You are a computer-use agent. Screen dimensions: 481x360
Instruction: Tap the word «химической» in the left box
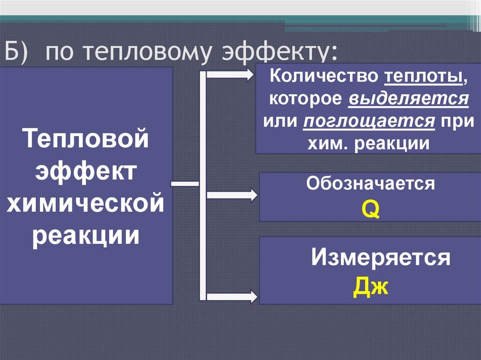(86, 205)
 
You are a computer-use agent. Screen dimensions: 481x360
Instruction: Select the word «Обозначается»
(371, 184)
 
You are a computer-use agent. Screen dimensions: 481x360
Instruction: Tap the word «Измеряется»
(381, 257)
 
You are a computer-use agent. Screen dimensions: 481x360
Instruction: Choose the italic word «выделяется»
(409, 99)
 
